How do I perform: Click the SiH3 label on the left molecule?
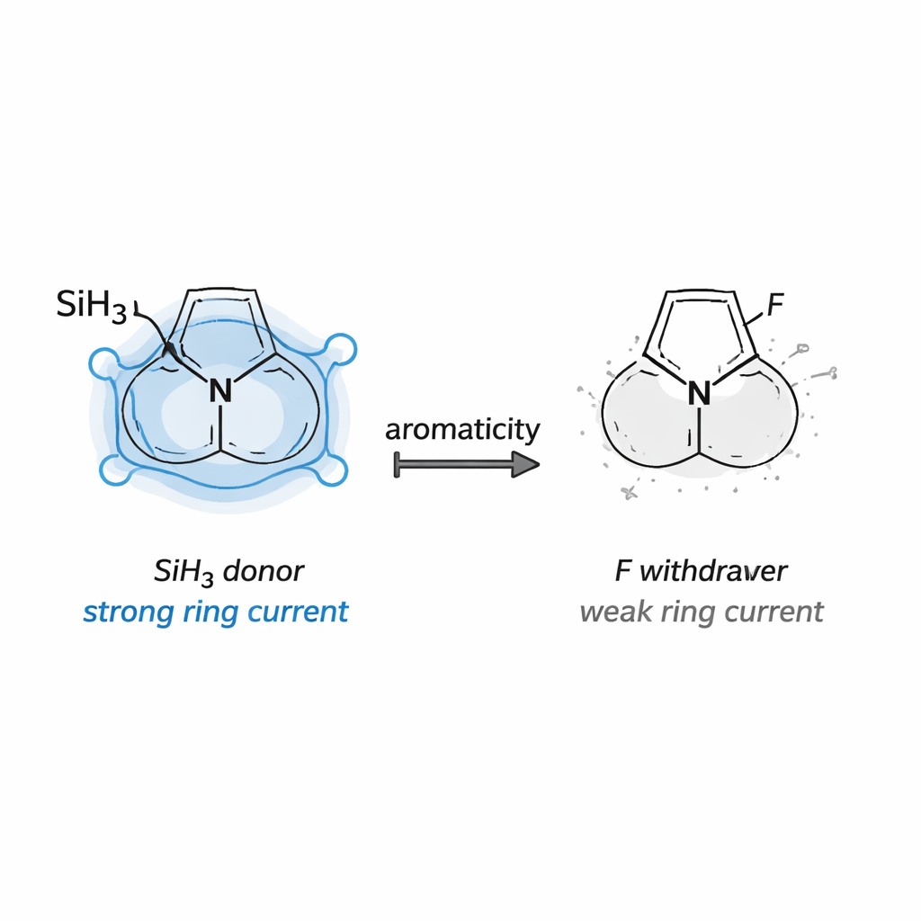click(92, 306)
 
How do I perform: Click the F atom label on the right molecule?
click(775, 304)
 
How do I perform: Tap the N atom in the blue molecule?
click(220, 390)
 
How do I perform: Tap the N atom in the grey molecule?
click(699, 393)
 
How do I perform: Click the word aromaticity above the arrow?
click(462, 430)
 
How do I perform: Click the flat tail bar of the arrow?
click(397, 465)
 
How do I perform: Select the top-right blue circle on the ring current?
click(341, 349)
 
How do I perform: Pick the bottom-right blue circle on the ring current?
click(333, 470)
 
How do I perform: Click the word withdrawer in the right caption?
click(713, 571)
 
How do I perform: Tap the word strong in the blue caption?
click(128, 612)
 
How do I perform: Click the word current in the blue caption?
click(298, 612)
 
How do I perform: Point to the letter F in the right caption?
click(623, 571)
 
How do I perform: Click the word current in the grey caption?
click(773, 612)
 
